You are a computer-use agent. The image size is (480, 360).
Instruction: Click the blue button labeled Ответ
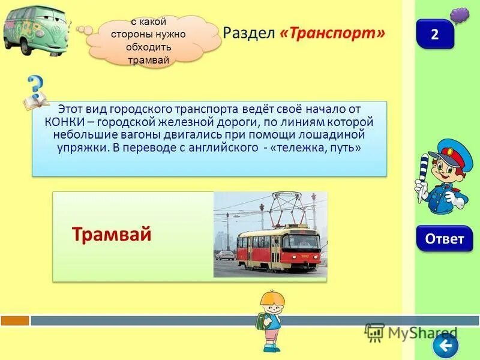444,239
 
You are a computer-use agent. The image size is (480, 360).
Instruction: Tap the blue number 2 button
435,34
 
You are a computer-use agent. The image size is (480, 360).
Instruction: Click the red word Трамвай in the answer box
112,234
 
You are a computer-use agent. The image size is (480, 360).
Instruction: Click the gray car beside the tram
226,254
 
